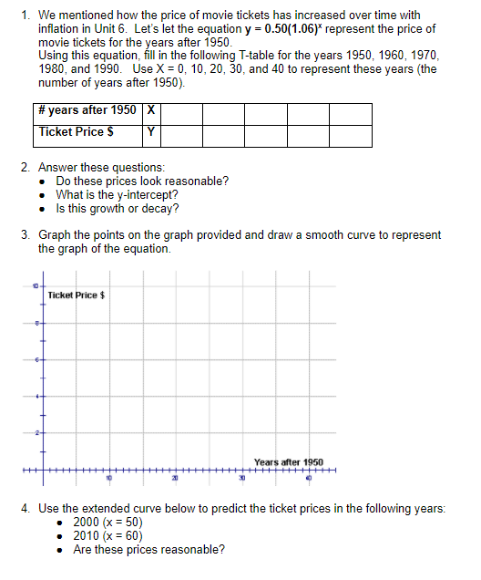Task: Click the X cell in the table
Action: click(151, 112)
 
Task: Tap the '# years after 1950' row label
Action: click(88, 112)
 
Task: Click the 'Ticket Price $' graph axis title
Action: click(77, 295)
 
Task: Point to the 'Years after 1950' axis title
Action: click(289, 462)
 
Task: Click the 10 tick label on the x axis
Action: click(107, 478)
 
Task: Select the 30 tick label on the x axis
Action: click(242, 478)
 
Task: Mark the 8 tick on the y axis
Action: click(37, 323)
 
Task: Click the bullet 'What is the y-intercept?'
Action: click(117, 194)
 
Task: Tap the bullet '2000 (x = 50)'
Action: click(107, 522)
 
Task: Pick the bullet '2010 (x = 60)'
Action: click(107, 535)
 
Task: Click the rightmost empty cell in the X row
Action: click(351, 112)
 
